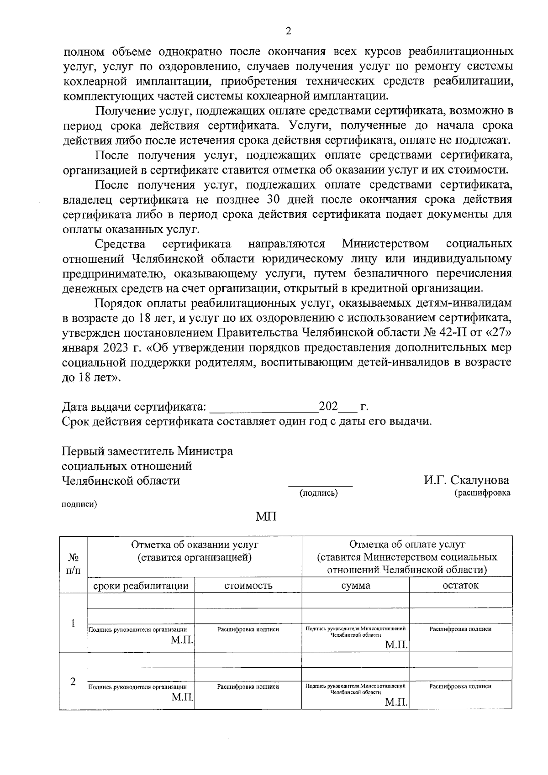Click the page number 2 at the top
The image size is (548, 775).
(x=288, y=31)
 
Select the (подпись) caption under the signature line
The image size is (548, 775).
(x=318, y=493)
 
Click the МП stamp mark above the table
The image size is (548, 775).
(x=266, y=517)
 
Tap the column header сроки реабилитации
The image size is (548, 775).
(x=141, y=586)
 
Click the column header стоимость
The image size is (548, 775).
(x=248, y=586)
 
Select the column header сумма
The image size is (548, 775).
(x=356, y=586)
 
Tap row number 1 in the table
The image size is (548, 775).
(x=73, y=624)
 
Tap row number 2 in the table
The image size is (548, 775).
(x=73, y=681)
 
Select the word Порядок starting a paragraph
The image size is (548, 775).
(x=115, y=303)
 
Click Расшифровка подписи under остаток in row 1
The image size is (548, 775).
(x=460, y=629)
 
